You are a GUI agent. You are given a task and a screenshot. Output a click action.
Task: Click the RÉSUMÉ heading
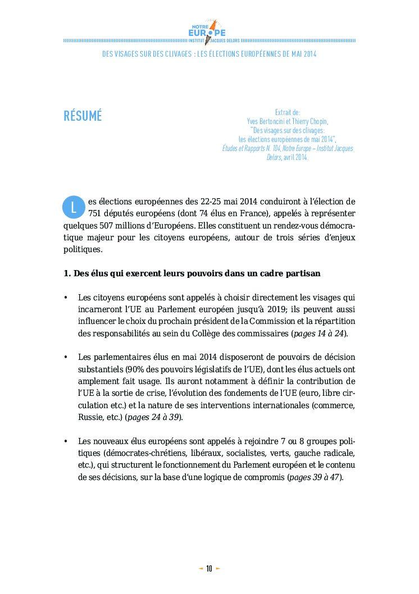pos(83,116)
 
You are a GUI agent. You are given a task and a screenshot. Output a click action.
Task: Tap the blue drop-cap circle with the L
pos(73,207)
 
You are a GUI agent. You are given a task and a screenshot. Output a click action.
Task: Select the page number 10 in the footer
pos(209,568)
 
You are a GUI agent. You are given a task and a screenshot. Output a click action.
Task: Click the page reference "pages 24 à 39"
pos(154,417)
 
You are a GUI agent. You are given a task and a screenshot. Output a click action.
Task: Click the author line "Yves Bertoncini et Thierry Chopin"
pos(288,121)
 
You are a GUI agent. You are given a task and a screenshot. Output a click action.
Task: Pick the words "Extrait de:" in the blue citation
pos(288,113)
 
